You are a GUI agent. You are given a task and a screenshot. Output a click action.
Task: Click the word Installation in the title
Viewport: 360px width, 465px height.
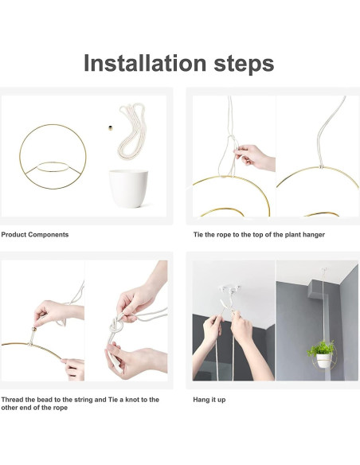coord(145,63)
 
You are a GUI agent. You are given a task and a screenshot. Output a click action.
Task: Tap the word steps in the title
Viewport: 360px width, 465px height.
coord(244,64)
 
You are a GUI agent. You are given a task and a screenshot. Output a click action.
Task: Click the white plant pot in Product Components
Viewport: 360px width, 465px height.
coord(128,189)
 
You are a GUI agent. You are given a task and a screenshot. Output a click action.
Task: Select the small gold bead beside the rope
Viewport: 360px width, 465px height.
coord(111,128)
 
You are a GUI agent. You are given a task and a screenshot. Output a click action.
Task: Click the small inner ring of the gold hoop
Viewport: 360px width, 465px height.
coord(53,162)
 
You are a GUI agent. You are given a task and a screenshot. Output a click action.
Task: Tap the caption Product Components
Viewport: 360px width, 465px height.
coord(35,235)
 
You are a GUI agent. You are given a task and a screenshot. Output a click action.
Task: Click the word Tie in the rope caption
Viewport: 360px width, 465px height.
coord(198,235)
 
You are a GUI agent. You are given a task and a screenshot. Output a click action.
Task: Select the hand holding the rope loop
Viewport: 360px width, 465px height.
coord(254,157)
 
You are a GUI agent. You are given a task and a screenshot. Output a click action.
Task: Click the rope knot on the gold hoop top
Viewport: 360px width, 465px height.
coord(321,166)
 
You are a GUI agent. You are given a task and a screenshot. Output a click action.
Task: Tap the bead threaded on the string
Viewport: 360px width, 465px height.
coord(34,329)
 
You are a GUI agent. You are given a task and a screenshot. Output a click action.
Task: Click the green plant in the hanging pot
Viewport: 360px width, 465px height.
coord(321,348)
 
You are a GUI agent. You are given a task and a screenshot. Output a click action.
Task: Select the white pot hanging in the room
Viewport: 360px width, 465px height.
coord(323,361)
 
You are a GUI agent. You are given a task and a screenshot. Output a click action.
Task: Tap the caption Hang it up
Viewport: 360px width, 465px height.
coord(209,400)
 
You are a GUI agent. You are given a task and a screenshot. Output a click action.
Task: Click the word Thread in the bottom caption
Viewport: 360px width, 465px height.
coord(12,400)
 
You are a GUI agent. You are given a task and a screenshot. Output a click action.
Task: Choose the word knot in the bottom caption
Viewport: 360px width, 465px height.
coord(134,400)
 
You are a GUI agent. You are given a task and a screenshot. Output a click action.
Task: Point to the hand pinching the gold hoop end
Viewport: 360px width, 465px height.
coord(73,369)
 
